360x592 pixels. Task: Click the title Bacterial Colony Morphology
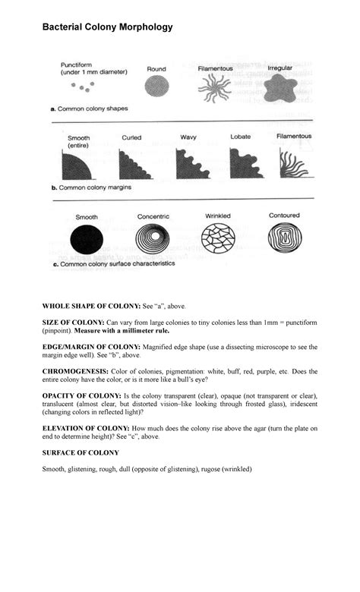[x=107, y=27]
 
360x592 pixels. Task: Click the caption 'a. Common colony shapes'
[x=89, y=109]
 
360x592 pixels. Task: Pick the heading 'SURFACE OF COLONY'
[x=80, y=452]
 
